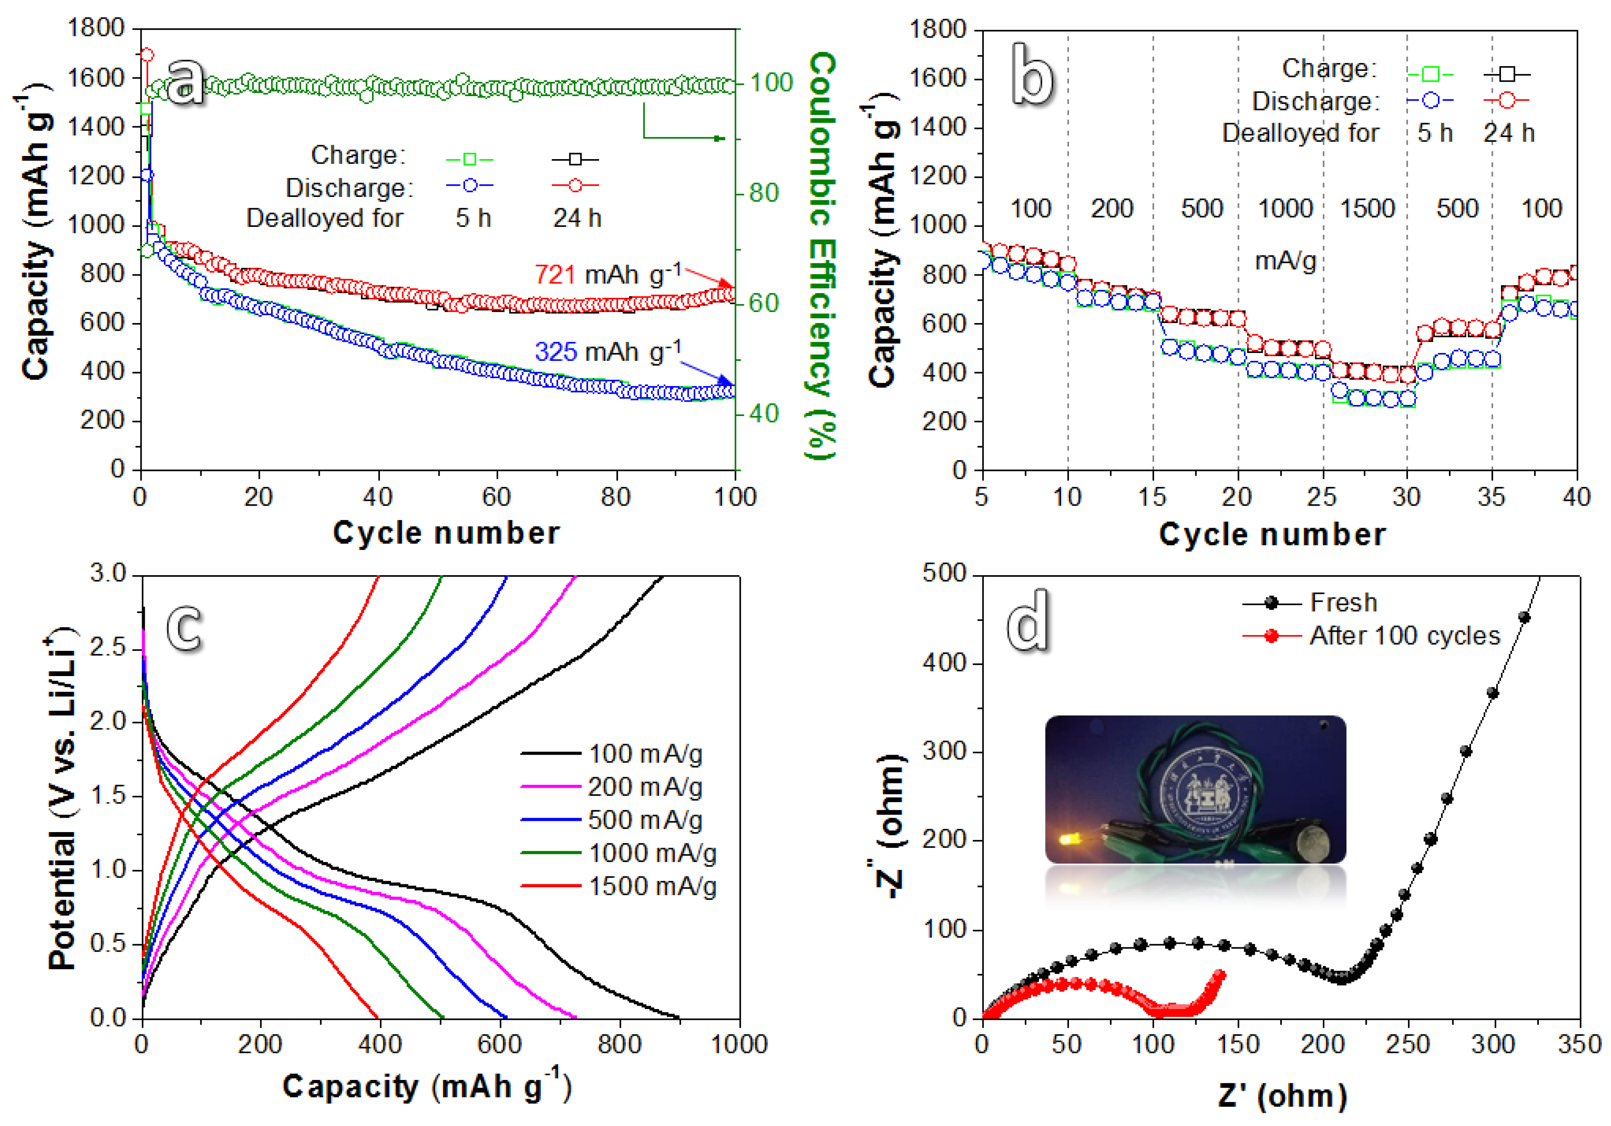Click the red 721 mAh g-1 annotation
[x=607, y=274]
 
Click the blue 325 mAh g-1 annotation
[x=607, y=351]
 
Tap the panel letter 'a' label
[x=184, y=82]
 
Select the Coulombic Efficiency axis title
[x=822, y=256]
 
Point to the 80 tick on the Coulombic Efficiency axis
[x=763, y=193]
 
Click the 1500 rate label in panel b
[x=1366, y=208]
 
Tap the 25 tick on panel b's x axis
[x=1322, y=497]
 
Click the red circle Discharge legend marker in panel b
[x=1506, y=101]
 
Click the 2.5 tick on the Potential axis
[x=108, y=647]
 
